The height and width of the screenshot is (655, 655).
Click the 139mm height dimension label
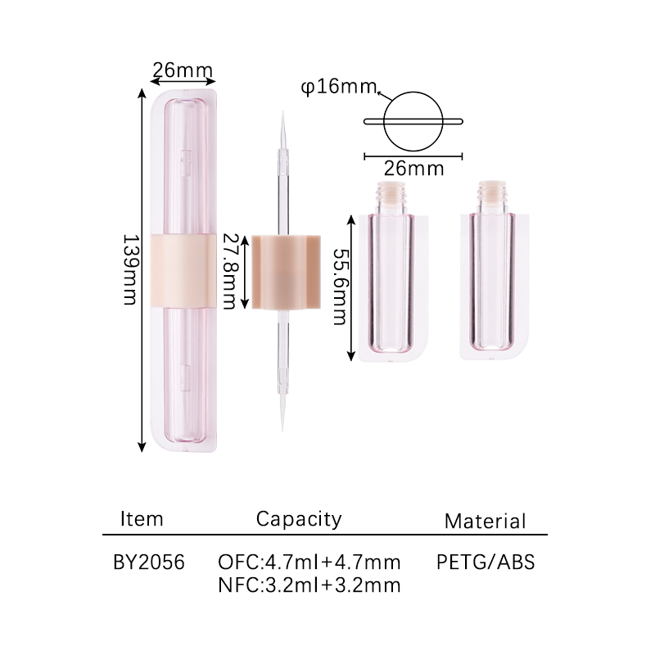tap(130, 269)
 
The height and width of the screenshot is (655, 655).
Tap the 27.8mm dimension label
tap(229, 271)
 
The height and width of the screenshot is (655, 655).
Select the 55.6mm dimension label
tap(340, 287)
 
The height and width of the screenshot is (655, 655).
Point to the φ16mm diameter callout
tap(339, 87)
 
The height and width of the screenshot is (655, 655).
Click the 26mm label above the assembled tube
tap(183, 70)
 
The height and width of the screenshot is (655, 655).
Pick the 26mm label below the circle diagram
tap(413, 169)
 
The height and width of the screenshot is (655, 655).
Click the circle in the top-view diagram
tap(413, 92)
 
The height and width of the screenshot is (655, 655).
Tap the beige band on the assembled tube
tap(183, 271)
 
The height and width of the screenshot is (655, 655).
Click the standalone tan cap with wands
tap(286, 272)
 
